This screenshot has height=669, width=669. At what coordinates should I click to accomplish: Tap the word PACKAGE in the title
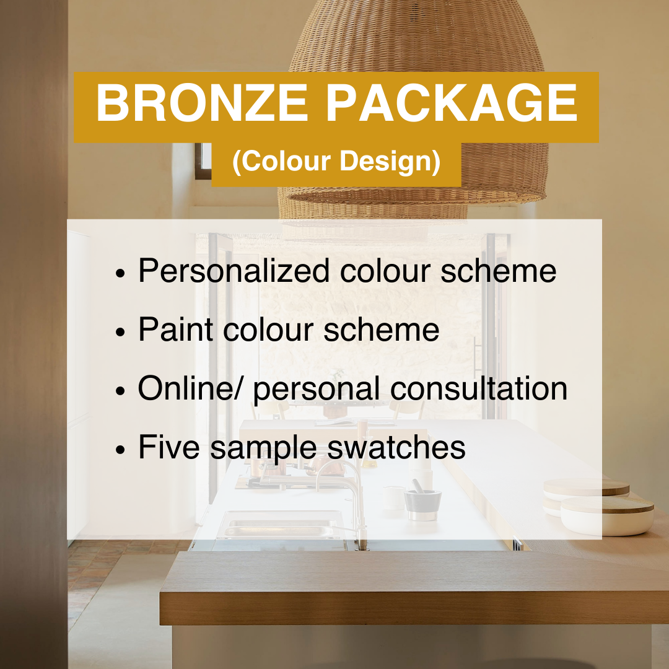452,103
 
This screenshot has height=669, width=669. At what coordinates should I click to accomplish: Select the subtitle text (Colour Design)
336,161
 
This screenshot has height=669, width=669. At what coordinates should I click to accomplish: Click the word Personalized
234,271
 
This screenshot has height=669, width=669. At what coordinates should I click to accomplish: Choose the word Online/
190,388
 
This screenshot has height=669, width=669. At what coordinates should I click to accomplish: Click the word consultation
479,388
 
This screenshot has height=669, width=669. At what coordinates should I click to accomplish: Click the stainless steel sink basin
282,527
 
